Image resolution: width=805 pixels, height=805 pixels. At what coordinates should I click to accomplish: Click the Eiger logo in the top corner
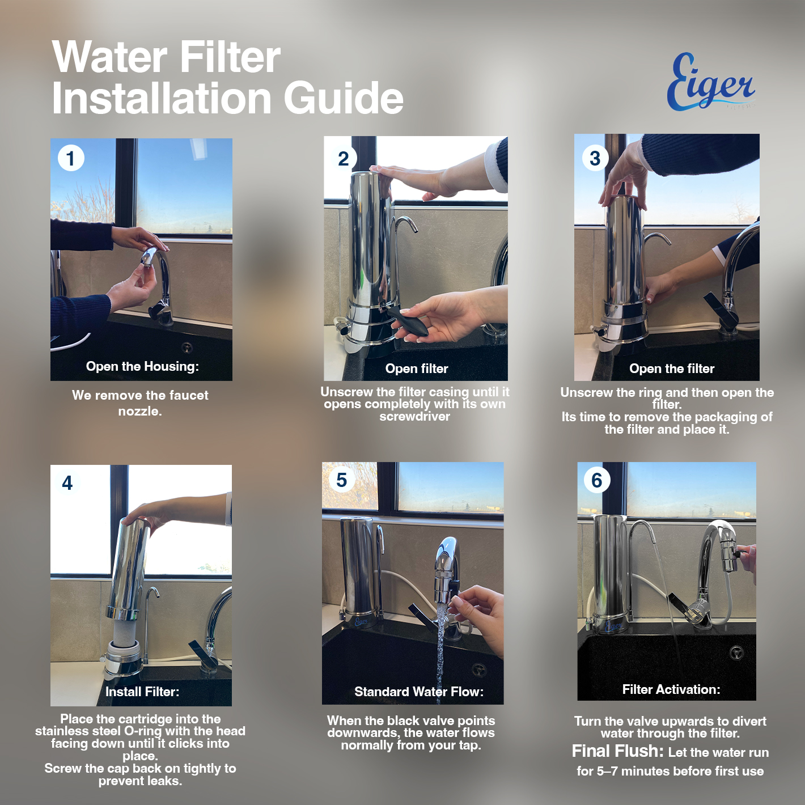click(x=710, y=82)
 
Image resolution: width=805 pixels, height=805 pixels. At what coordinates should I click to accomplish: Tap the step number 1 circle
click(x=71, y=158)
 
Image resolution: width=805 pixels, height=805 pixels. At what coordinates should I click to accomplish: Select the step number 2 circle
click(x=344, y=158)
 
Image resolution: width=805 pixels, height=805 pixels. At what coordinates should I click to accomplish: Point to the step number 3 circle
click(x=595, y=158)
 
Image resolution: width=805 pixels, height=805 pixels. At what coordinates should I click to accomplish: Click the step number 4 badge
click(x=67, y=483)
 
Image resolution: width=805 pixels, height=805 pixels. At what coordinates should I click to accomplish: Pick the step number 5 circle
click(x=342, y=480)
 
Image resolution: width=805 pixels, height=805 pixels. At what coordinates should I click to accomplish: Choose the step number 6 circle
click(x=596, y=480)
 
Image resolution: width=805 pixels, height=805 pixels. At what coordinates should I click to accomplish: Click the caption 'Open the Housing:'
click(x=142, y=366)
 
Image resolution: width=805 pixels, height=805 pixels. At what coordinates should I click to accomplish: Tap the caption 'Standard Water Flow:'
click(x=419, y=692)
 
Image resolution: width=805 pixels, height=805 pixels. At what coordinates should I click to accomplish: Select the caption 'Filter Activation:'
click(x=671, y=689)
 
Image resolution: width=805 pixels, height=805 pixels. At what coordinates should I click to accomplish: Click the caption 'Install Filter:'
click(x=142, y=692)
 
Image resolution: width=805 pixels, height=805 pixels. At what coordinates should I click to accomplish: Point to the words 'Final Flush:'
click(x=617, y=751)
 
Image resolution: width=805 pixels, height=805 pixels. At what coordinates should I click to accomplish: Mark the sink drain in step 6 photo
click(x=736, y=653)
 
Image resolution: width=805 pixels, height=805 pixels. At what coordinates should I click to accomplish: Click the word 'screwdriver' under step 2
click(x=415, y=417)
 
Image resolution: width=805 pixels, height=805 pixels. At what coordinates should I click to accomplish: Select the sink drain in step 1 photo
click(x=187, y=347)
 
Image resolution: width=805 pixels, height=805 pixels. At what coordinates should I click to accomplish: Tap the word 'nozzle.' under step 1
click(x=140, y=412)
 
